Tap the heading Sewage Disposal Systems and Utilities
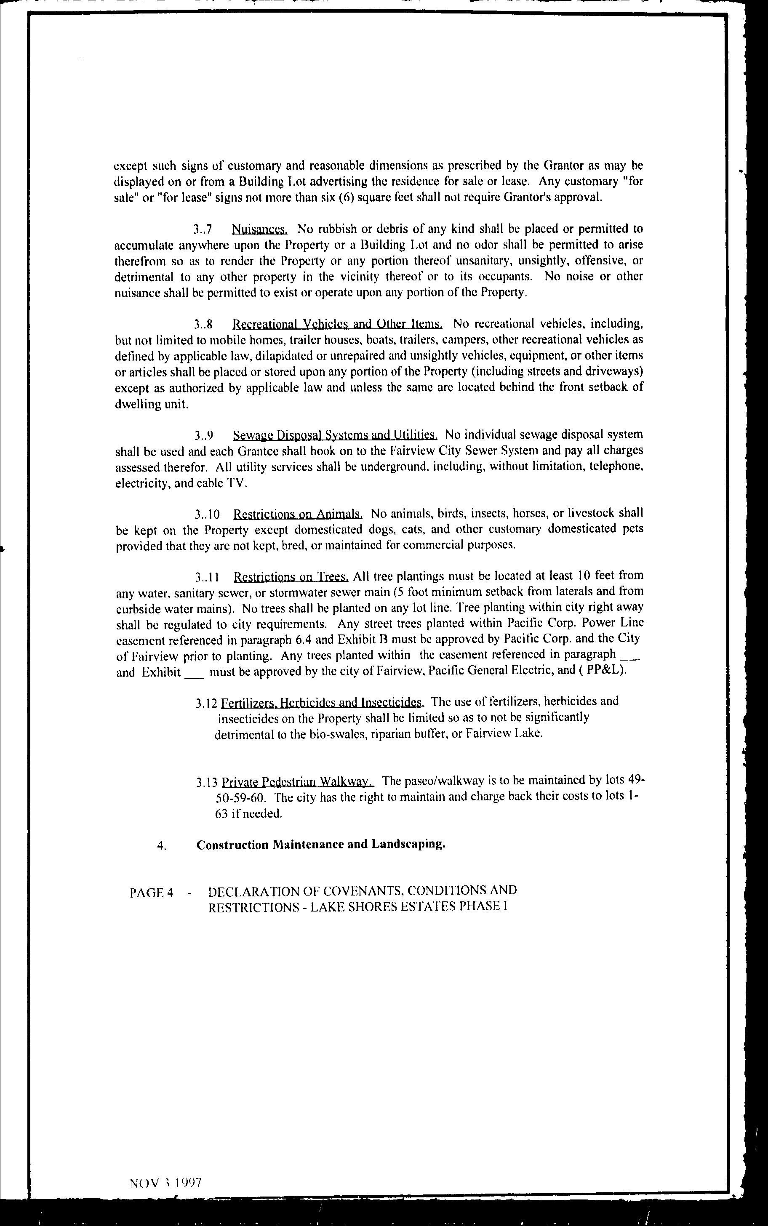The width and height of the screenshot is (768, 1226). pyautogui.click(x=335, y=435)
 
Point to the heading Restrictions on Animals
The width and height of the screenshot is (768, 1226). pyautogui.click(x=298, y=514)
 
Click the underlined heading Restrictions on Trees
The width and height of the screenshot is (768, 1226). pyautogui.click(x=291, y=577)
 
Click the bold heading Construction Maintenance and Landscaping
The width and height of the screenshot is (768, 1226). pyautogui.click(x=320, y=845)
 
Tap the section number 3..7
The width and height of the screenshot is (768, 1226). pyautogui.click(x=202, y=229)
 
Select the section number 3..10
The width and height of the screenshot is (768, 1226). pyautogui.click(x=206, y=514)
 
